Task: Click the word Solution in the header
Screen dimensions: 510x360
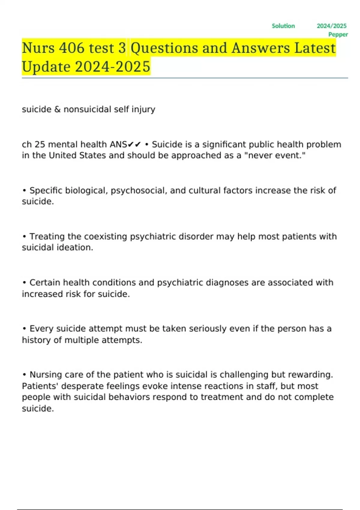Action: (283, 26)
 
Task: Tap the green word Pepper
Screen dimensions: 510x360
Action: (338, 34)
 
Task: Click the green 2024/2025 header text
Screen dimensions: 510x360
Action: (331, 26)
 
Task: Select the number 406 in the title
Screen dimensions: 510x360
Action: (72, 48)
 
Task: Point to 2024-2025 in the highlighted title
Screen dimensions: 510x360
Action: (112, 67)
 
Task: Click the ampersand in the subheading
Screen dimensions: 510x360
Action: (57, 109)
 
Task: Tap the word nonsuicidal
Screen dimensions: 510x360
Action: (87, 109)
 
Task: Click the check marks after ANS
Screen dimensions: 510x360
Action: (134, 145)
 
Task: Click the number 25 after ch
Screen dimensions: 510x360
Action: (40, 145)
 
